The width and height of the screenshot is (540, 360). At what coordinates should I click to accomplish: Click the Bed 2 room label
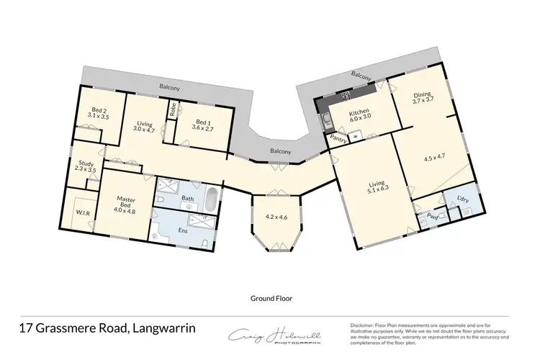click(96, 112)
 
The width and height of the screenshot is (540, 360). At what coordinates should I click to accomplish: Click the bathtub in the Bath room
click(210, 200)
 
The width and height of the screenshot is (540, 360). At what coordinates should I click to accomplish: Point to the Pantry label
click(337, 138)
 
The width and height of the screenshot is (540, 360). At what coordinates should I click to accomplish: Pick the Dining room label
click(421, 98)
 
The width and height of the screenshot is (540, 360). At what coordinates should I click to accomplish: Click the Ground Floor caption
click(270, 297)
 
